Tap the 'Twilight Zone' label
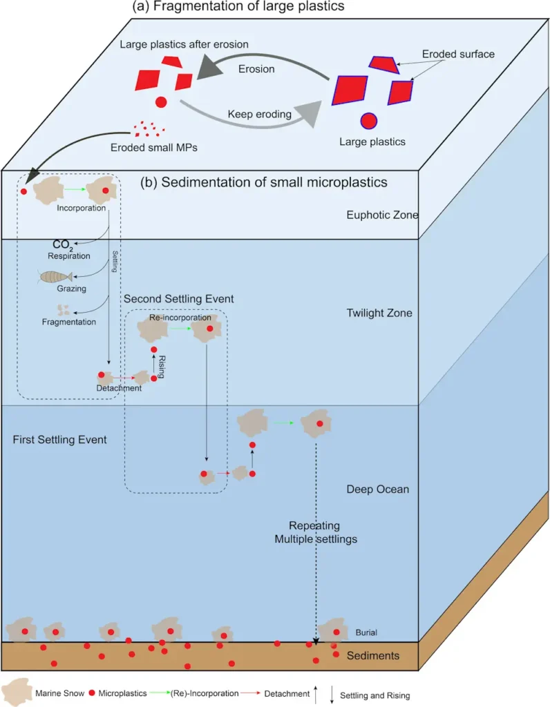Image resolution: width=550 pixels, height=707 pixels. coord(379,313)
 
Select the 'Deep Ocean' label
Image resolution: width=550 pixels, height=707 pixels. coord(377,490)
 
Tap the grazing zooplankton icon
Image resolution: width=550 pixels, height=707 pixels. coord(55,277)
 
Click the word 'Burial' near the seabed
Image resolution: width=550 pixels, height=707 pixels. coord(366,632)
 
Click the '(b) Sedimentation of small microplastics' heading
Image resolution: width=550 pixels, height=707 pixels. coord(264,183)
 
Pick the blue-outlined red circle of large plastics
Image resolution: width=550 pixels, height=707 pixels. coord(369,120)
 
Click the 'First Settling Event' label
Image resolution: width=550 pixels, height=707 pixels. coord(59,439)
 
